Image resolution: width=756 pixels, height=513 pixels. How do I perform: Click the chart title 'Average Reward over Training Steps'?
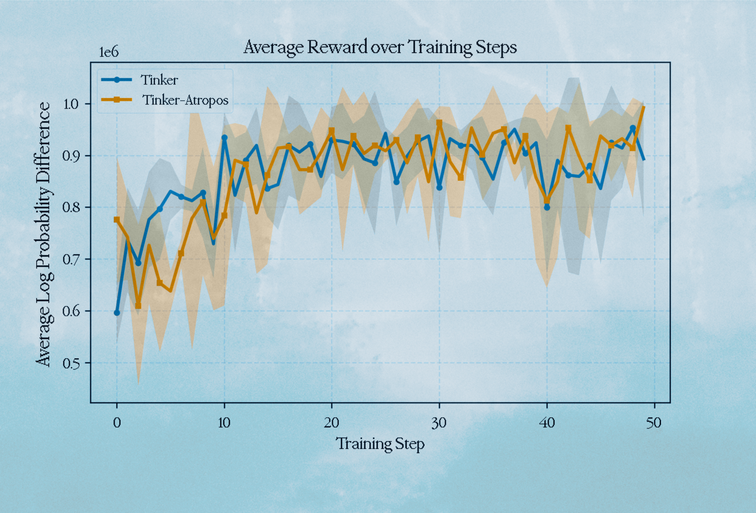[x=380, y=47]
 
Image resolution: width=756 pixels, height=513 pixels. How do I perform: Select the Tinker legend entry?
[x=159, y=80]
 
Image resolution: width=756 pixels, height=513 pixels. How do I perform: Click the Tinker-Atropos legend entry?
[x=185, y=100]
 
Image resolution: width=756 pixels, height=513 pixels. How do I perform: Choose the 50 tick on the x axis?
[x=654, y=423]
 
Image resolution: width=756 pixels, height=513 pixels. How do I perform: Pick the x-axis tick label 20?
[x=331, y=423]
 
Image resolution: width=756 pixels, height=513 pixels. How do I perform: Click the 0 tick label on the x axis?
[x=117, y=423]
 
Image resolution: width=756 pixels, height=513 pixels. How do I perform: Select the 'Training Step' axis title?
[x=380, y=443]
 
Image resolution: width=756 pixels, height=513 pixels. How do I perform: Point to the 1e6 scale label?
[x=109, y=52]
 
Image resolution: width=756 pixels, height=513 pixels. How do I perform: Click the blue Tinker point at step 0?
[x=117, y=313]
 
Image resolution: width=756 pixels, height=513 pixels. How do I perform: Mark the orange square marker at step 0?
[x=117, y=219]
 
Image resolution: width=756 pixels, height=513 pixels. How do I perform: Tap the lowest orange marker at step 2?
[x=138, y=306]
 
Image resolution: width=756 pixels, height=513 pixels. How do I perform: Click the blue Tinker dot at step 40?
[x=547, y=207]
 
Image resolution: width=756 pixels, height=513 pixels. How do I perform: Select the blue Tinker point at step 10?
[x=224, y=137]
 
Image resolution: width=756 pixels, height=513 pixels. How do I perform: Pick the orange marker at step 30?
[x=439, y=123]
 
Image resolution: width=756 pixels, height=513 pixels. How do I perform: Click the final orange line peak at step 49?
[x=643, y=107]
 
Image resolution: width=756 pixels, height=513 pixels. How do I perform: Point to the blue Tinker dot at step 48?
[x=633, y=128]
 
